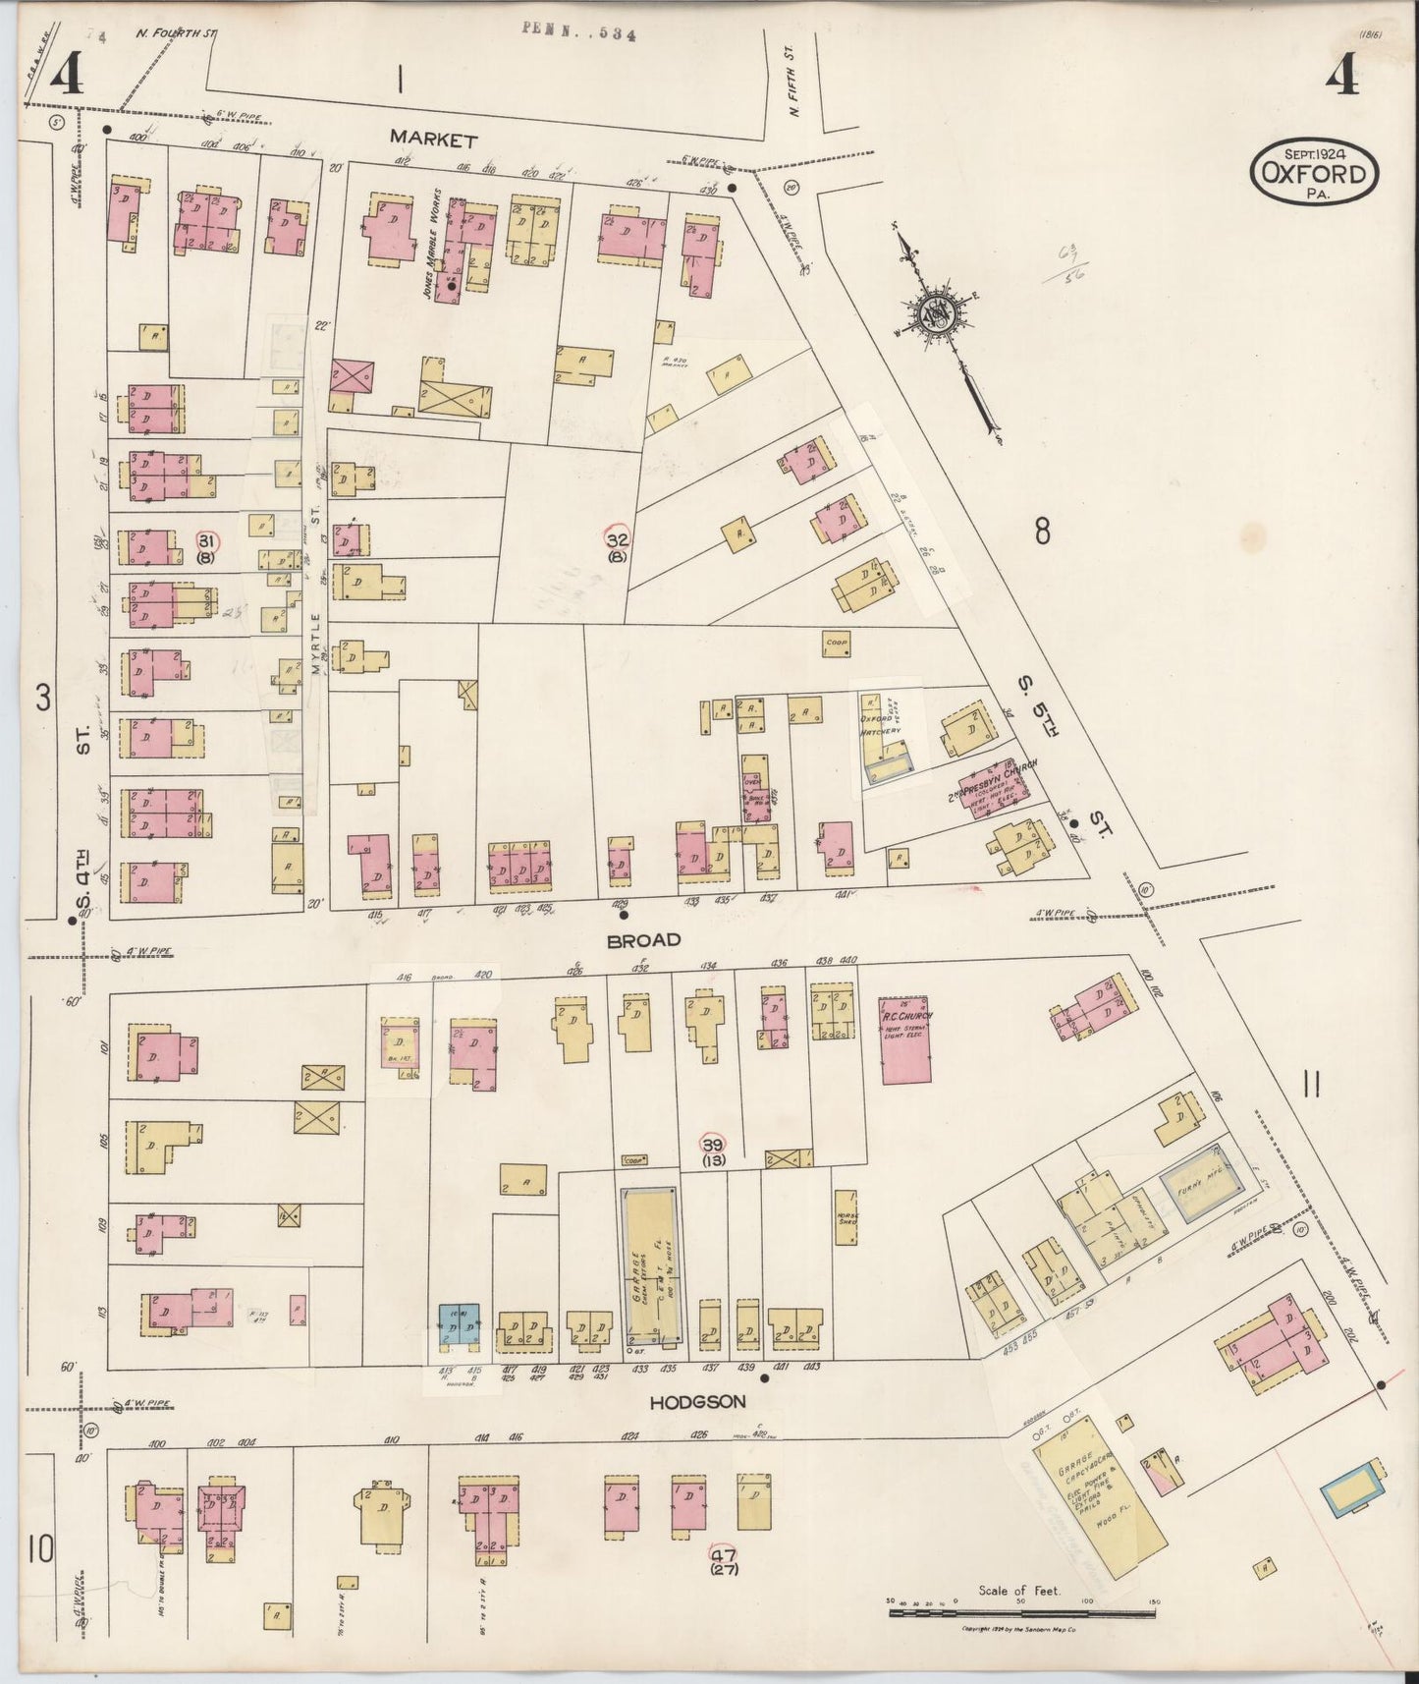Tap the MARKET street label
[x=433, y=140]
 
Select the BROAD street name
[x=643, y=940]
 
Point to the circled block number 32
[x=618, y=540]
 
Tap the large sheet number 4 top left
[x=65, y=74]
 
